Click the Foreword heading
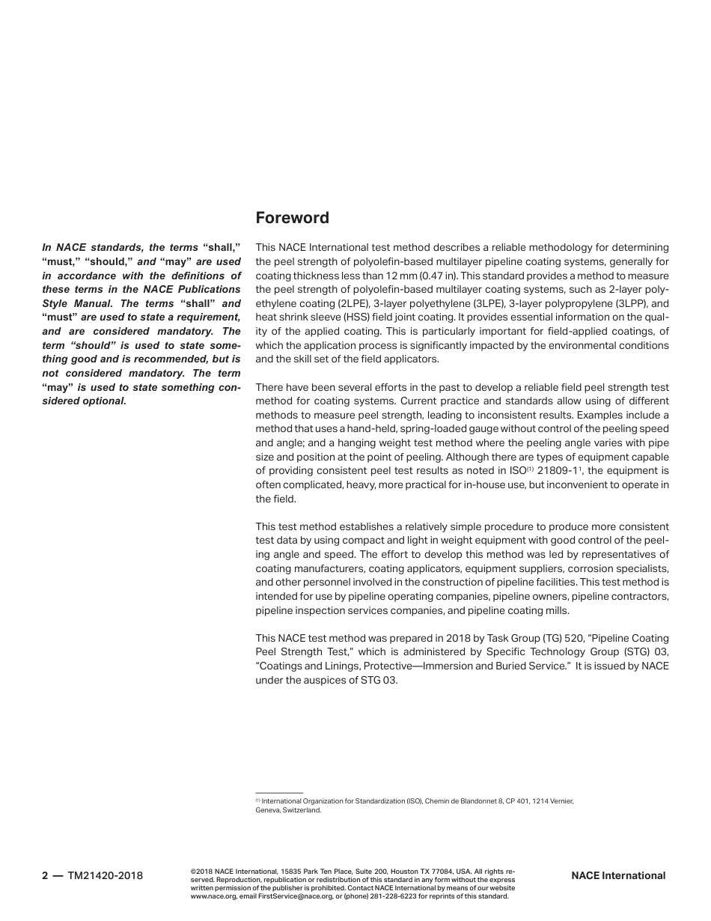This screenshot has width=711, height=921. pos(292,218)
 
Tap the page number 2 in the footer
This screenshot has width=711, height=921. pos(45,875)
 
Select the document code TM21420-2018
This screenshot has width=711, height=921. pos(105,875)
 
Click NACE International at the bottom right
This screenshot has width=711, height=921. pos(617,875)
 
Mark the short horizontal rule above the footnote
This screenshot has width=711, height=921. pos(278,792)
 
